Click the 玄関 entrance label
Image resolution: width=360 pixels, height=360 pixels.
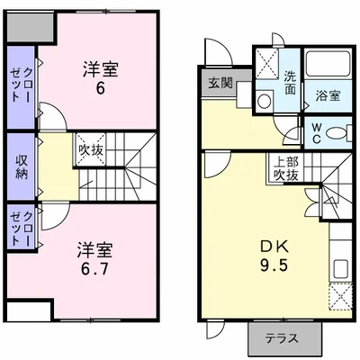pos(220,84)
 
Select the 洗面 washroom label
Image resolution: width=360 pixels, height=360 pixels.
pos(291,82)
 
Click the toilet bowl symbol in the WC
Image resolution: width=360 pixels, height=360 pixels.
pos(336,133)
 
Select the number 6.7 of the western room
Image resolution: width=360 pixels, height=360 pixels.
pos(94,267)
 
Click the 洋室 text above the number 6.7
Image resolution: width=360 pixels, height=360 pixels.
pos(94,247)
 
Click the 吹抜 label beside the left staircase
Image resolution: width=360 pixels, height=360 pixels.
pos(90,149)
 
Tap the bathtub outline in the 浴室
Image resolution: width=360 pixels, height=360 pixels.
pos(327,68)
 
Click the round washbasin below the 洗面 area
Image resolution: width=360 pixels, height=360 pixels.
pos(262,101)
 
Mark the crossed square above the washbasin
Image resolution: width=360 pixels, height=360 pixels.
pos(265,63)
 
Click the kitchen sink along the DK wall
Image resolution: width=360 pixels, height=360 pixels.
pos(342,269)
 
